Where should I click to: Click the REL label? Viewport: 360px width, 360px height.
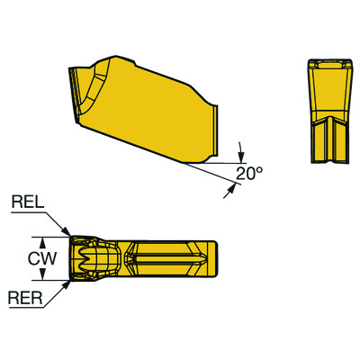(26, 204)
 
